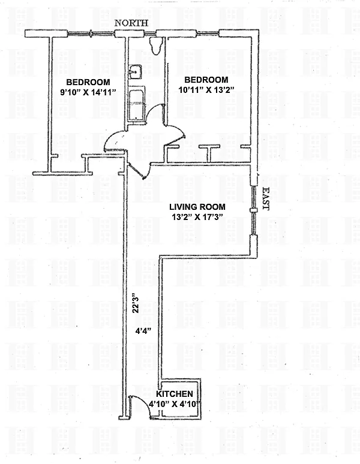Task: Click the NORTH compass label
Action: pos(131,23)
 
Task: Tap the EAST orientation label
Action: pos(266,198)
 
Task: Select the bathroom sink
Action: pos(135,72)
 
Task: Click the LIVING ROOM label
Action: pos(197,207)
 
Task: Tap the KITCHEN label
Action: pos(175,394)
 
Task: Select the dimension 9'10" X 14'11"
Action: pos(88,92)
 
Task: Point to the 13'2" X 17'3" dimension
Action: pos(197,217)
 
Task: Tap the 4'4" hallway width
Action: pos(143,331)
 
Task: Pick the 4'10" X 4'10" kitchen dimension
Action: pos(175,404)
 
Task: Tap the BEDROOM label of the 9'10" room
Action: pos(88,82)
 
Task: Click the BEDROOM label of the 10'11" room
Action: pos(206,80)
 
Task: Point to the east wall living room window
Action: pos(253,210)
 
